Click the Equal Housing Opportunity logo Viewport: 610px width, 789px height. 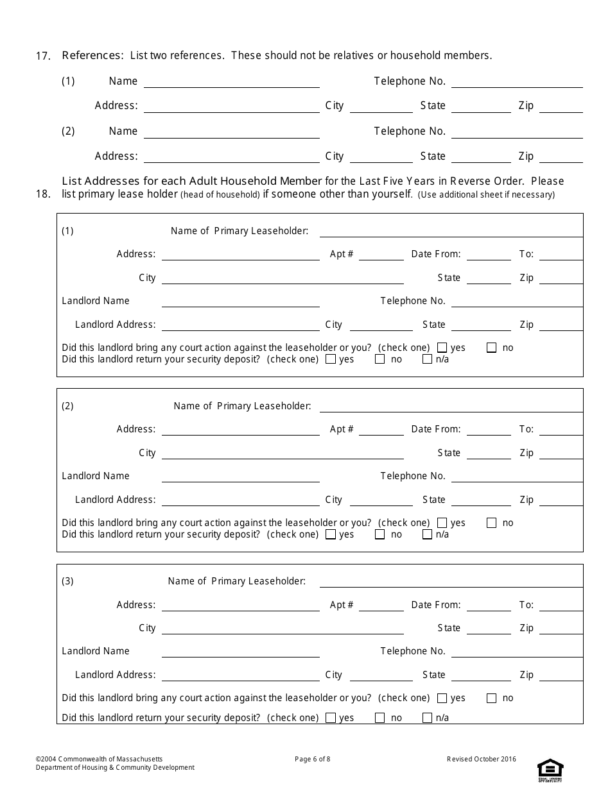click(550, 769)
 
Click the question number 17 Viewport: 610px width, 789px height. click(43, 56)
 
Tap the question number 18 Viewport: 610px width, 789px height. click(43, 194)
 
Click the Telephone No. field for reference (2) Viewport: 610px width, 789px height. click(517, 132)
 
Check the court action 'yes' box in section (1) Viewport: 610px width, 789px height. click(442, 348)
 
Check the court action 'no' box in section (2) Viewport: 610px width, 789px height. click(492, 523)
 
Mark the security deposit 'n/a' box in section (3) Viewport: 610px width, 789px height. click(428, 718)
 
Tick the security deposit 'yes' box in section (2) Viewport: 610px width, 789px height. click(331, 534)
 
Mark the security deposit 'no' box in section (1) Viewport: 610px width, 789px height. click(380, 359)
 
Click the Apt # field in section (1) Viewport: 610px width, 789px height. click(381, 255)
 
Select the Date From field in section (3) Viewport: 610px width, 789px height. click(489, 606)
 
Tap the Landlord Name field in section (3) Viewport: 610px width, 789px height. click(240, 652)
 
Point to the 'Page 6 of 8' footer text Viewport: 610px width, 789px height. click(312, 759)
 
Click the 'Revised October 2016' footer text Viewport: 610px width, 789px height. click(481, 759)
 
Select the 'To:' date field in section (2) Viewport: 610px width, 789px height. click(561, 430)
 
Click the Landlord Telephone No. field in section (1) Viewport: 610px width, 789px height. click(517, 301)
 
